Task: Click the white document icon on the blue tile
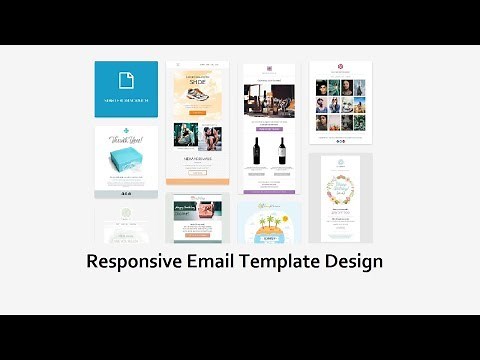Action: coord(126,80)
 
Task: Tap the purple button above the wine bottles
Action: coord(269,128)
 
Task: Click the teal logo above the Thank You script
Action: coord(126,131)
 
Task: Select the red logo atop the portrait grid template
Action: coord(341,67)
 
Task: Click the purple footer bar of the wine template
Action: coord(269,190)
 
